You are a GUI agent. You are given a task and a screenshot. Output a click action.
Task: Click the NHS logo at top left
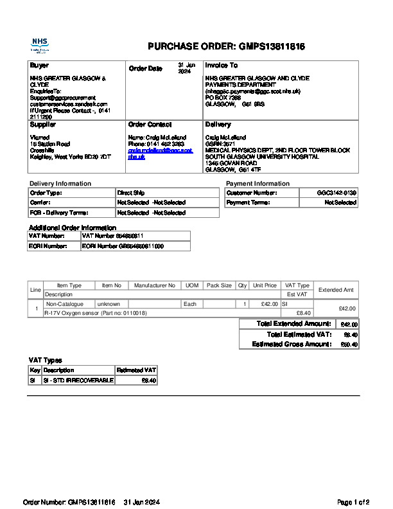(40, 44)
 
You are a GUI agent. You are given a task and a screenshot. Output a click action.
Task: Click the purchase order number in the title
(272, 46)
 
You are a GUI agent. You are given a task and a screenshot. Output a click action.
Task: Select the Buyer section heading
(39, 66)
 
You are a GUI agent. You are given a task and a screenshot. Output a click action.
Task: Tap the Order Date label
(146, 68)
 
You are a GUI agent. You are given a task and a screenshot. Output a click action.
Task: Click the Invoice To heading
(222, 66)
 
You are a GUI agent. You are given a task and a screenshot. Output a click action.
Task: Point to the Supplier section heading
(43, 124)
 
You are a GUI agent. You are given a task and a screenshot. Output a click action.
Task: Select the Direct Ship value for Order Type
(131, 193)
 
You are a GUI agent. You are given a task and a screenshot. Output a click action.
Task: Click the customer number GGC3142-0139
(336, 193)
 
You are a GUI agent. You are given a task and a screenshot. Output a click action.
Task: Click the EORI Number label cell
(48, 246)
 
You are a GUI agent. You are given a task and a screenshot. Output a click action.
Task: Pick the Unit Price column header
(265, 285)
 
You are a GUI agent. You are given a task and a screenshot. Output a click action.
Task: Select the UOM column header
(191, 285)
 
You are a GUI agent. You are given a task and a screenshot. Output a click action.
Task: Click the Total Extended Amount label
(293, 324)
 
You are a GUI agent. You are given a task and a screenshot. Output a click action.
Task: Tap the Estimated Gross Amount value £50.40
(349, 344)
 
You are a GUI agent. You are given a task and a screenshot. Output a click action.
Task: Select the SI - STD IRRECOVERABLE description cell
(78, 380)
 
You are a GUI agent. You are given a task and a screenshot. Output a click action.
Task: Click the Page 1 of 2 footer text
(353, 502)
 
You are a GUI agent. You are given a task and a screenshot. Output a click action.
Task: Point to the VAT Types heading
(46, 360)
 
